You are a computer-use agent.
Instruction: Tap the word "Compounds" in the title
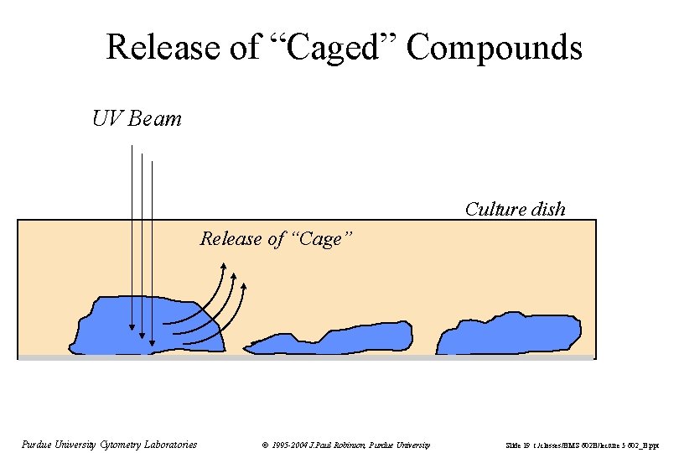495,47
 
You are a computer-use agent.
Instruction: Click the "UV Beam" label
137,119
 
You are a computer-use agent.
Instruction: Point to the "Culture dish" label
515,209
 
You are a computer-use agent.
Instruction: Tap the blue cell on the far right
511,334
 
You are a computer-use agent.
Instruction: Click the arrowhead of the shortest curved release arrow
244,288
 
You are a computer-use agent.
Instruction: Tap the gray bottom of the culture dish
335,357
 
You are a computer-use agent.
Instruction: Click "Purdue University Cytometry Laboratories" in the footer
109,445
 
